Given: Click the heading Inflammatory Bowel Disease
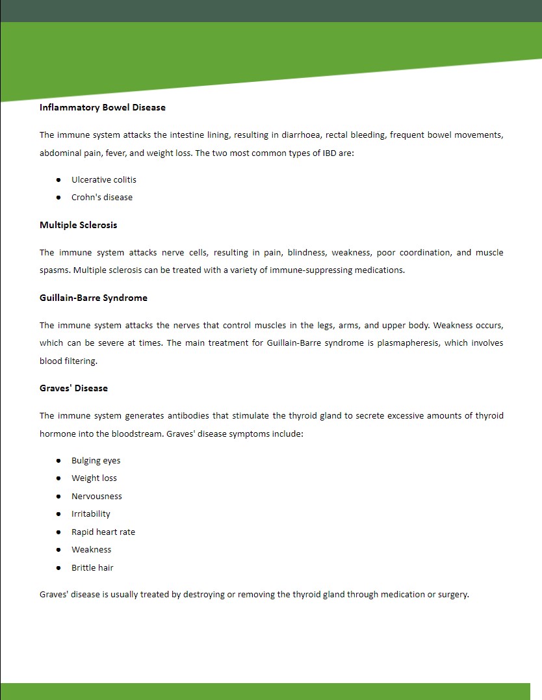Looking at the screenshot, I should point(103,107).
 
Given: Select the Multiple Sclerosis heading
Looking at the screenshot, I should point(78,225).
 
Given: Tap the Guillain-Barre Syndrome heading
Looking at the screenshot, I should point(94,298).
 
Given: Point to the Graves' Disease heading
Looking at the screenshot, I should point(73,388).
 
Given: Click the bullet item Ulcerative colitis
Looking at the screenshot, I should point(104,179).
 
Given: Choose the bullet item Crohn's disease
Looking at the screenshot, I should point(102,197).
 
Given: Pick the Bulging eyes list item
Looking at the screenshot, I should point(96,460).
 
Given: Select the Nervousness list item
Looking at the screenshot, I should point(97,496).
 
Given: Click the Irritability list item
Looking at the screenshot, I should point(91,513).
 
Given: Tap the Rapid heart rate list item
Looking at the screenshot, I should point(103,532).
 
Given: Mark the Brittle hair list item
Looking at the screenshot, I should point(92,567).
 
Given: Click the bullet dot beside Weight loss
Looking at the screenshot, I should point(58,478).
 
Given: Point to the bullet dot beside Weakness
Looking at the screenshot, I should point(58,550).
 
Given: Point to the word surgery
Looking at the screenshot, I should point(452,594).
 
